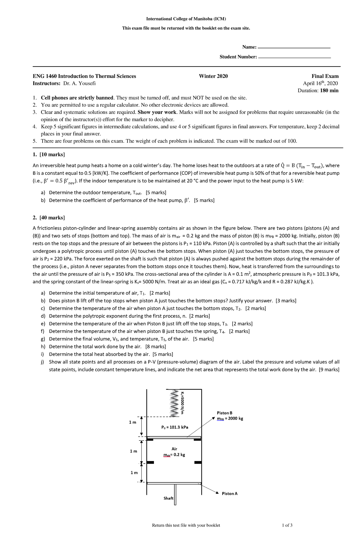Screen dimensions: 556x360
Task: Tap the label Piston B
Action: click(x=224, y=413)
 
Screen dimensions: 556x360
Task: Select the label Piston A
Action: click(x=229, y=493)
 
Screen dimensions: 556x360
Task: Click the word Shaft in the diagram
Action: click(x=168, y=498)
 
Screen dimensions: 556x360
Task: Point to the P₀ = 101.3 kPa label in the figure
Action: click(x=175, y=427)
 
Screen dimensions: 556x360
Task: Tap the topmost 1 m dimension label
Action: click(x=132, y=422)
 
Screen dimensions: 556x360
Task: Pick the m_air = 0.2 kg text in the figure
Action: click(x=174, y=455)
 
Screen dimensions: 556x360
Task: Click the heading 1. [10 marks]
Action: click(x=49, y=154)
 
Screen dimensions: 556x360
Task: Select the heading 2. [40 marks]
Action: click(x=49, y=217)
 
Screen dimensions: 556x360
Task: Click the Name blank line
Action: click(x=294, y=48)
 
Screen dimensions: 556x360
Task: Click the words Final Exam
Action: click(x=325, y=76)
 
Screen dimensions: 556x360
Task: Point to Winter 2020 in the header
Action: click(x=213, y=76)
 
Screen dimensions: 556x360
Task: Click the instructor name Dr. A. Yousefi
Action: click(x=79, y=83)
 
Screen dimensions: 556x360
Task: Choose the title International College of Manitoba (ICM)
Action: click(x=186, y=19)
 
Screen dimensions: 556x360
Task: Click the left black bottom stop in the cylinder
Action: click(x=150, y=462)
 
